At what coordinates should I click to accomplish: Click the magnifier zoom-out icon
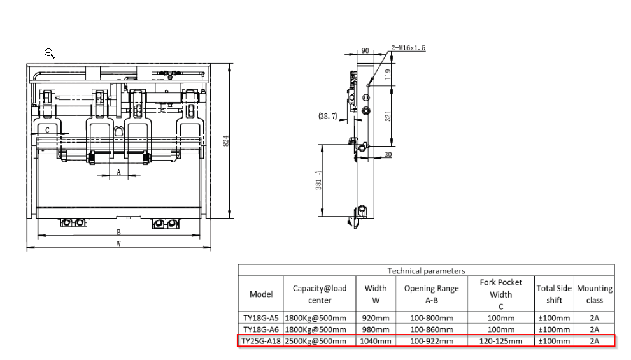coord(50,53)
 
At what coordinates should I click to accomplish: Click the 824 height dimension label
coord(226,141)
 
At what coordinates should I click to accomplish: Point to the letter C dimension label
coord(47,130)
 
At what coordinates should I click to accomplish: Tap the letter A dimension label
coord(118,172)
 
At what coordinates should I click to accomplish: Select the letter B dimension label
coord(118,233)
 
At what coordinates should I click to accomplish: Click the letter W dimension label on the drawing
coord(118,243)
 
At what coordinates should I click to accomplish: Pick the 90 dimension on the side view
coord(365,51)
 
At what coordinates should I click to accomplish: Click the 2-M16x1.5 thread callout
coord(408,48)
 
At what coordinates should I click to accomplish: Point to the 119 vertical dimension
coord(388,75)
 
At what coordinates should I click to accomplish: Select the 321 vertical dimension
coord(388,116)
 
